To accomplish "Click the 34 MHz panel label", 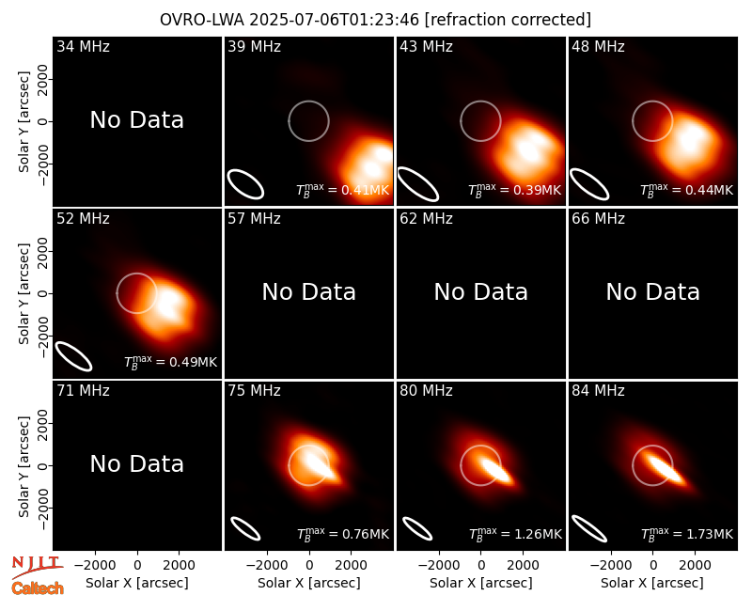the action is point(83,46).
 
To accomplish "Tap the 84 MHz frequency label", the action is point(598,391).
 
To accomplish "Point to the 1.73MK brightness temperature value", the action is point(710,534).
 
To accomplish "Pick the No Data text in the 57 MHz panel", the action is point(309,291).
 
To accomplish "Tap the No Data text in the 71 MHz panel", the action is point(136,463).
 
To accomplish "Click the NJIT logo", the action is point(37,566).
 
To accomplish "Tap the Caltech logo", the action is point(38,588).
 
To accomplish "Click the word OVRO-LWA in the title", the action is point(202,20).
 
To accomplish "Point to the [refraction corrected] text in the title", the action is point(508,20).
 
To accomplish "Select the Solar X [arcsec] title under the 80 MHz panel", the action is point(480,583).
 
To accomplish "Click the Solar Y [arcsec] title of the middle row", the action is point(23,293).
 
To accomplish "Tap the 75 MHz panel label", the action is point(254,391).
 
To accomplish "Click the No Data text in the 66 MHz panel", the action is point(652,291).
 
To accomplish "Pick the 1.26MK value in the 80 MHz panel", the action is point(538,534).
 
